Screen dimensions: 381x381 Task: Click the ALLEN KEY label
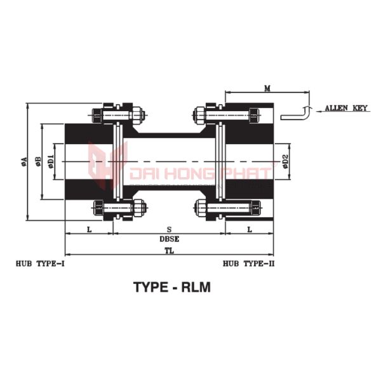tap(346, 109)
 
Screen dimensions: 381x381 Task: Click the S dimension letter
tap(168, 229)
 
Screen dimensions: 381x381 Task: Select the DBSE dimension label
tap(169, 240)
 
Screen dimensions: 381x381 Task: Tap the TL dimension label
tap(169, 251)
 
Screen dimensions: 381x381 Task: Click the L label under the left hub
tap(89, 229)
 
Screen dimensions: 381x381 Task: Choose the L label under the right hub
tap(249, 229)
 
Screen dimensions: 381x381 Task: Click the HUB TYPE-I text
tap(40, 262)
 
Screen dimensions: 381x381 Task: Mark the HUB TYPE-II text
tap(248, 262)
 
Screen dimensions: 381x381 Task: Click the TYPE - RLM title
tap(171, 286)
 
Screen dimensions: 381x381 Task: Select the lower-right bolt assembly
tap(227, 208)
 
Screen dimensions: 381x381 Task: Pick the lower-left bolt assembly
tap(119, 208)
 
